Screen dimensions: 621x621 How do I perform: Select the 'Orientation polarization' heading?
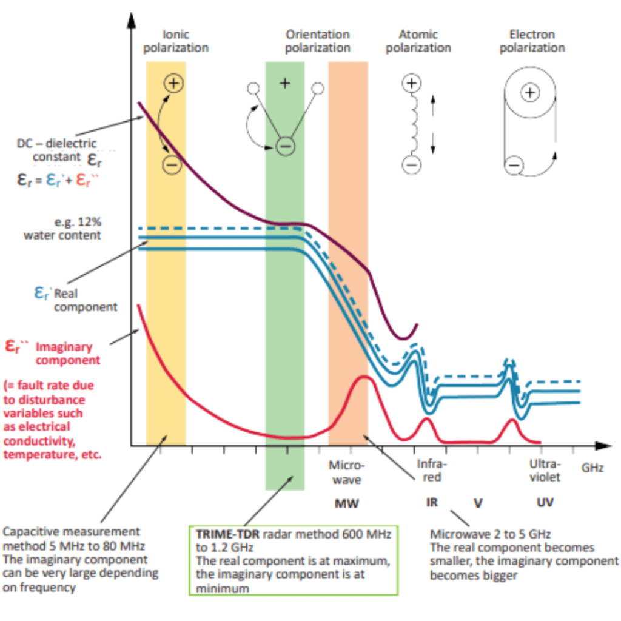click(x=317, y=41)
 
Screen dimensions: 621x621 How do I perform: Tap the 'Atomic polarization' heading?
click(x=418, y=41)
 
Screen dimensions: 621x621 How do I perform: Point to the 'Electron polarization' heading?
click(x=532, y=41)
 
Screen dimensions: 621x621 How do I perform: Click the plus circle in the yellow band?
click(x=174, y=83)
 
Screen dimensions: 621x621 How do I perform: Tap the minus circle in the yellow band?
click(x=172, y=164)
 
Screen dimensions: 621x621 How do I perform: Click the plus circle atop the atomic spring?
click(x=412, y=83)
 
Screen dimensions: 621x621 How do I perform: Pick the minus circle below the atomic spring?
click(x=411, y=164)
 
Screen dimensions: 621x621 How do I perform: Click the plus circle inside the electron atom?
click(x=531, y=92)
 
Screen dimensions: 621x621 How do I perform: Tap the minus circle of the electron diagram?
click(x=514, y=164)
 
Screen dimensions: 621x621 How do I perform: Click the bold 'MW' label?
click(x=347, y=503)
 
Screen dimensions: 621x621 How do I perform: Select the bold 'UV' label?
click(x=545, y=503)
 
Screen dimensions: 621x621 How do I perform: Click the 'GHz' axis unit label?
click(x=592, y=468)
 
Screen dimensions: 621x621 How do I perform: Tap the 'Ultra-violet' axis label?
click(x=544, y=471)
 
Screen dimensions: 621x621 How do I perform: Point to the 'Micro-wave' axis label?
click(x=346, y=472)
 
